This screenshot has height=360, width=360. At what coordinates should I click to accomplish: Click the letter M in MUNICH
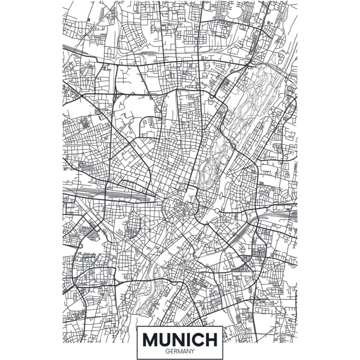[152, 340]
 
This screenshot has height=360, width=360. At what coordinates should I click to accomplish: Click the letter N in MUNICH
[179, 340]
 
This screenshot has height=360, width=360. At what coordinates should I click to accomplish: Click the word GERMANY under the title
[180, 351]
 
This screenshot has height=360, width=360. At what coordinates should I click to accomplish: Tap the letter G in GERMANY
[167, 351]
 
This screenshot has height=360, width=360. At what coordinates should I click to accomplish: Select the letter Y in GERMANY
[192, 351]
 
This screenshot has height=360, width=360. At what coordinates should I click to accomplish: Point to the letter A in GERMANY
[184, 351]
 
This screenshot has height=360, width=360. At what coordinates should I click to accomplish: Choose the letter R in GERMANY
[175, 351]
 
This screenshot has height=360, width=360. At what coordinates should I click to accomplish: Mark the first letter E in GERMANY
[171, 351]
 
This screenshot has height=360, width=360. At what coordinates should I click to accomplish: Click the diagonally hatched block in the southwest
[93, 234]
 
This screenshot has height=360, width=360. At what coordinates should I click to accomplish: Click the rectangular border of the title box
[137, 342]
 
